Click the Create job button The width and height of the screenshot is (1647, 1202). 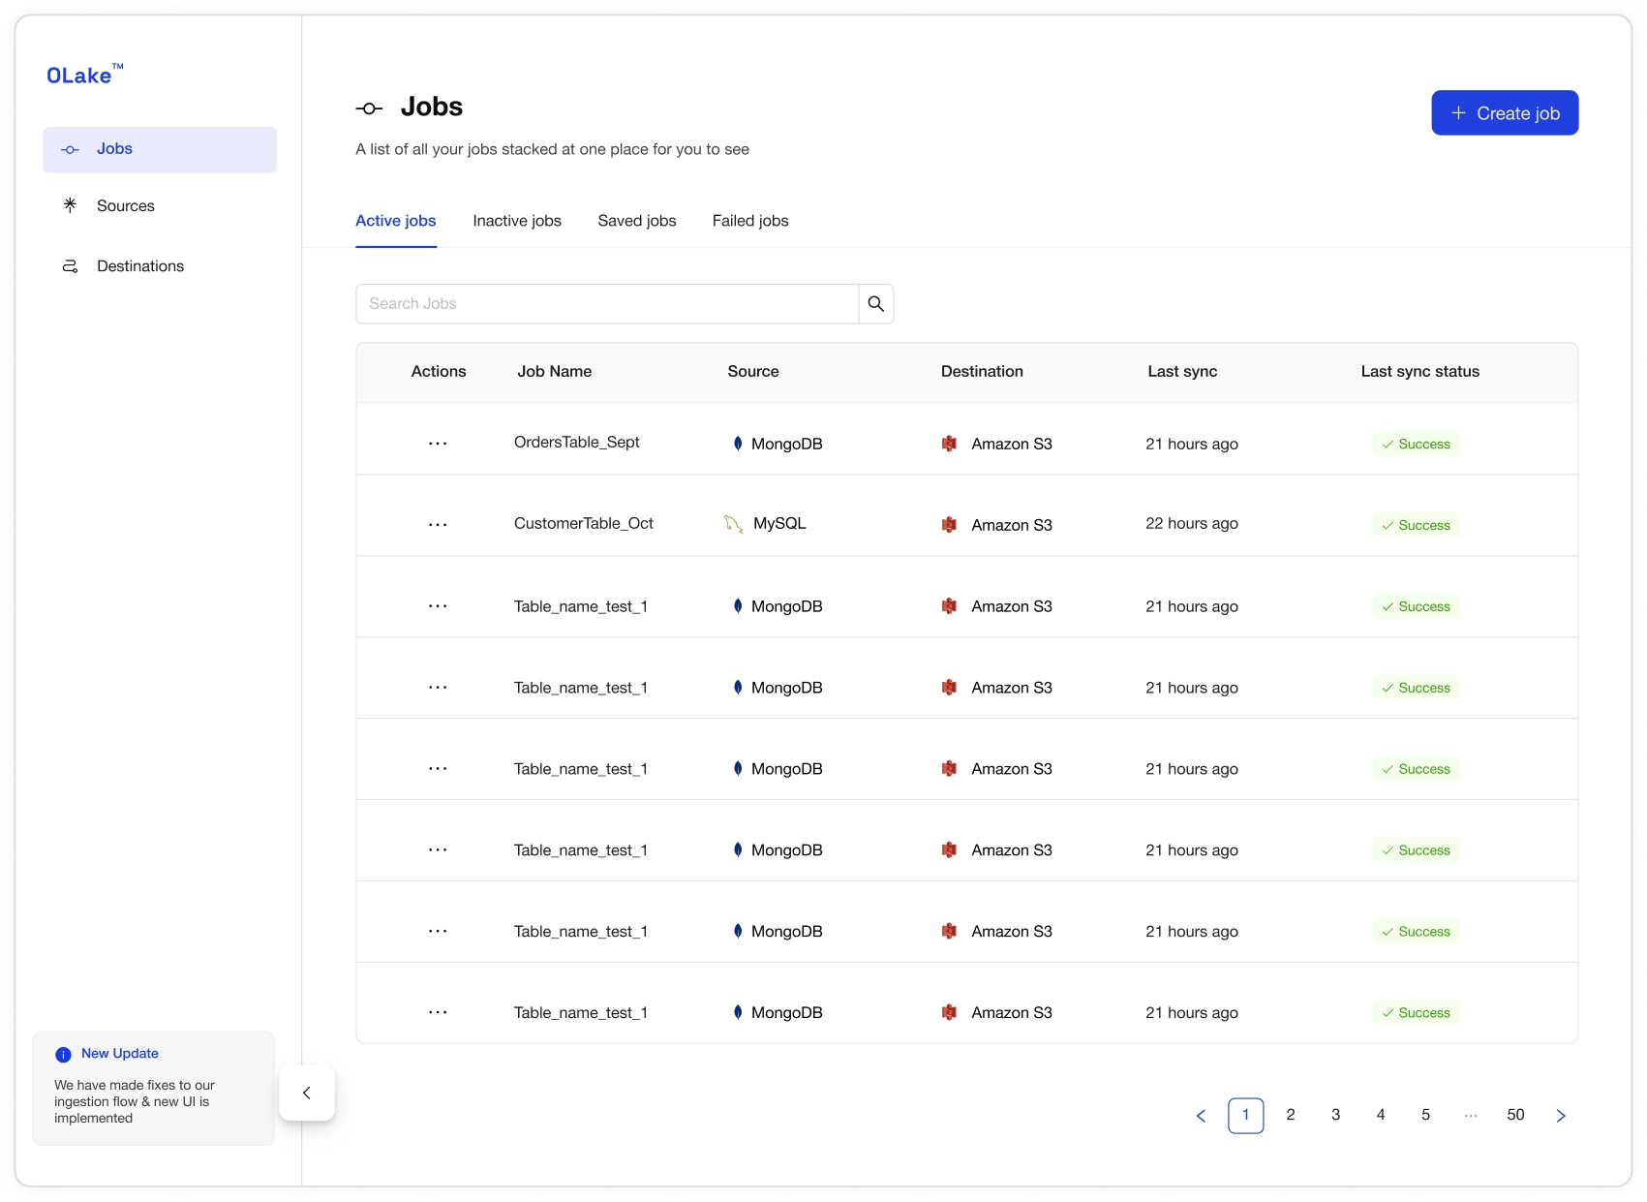tap(1504, 113)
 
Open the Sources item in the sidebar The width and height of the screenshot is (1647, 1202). tap(125, 205)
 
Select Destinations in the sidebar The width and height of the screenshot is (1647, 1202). tap(139, 266)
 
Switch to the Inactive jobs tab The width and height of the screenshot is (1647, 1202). tap(517, 221)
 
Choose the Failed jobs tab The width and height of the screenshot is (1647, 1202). tap(750, 221)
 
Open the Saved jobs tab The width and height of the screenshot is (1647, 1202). tap(637, 221)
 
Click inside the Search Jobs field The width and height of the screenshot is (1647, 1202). tap(607, 304)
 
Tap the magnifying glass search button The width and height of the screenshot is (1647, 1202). tap(875, 304)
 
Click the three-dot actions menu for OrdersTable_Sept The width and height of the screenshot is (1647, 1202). tap(438, 444)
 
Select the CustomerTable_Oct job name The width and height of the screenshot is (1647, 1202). tap(583, 524)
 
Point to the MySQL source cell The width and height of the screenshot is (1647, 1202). tap(778, 524)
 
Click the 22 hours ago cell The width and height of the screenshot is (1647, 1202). tap(1191, 524)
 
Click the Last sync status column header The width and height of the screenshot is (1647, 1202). tap(1419, 372)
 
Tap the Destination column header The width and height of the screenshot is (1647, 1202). tap(981, 372)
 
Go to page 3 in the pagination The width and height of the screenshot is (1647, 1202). tap(1335, 1115)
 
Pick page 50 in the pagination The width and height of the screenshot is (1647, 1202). tap(1515, 1115)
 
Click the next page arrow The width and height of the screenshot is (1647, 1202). tap(1561, 1116)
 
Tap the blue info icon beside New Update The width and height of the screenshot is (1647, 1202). tap(64, 1055)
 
